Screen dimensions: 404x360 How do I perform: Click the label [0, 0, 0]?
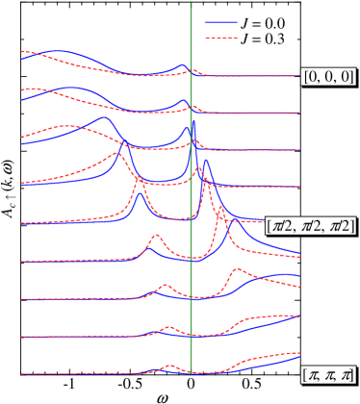[x=328, y=77]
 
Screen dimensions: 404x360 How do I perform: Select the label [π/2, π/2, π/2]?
[x=311, y=225]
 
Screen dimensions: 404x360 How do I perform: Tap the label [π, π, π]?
[x=328, y=374]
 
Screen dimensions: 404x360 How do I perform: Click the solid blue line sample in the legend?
[x=221, y=22]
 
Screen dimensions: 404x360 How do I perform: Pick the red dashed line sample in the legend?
[x=221, y=38]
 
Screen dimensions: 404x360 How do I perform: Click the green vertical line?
[x=191, y=192]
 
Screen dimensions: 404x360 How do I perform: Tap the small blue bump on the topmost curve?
[x=183, y=66]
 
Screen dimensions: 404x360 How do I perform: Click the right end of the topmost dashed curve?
[x=299, y=76]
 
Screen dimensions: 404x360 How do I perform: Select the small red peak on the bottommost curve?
[x=169, y=366]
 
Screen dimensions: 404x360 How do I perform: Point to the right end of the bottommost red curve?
[x=299, y=353]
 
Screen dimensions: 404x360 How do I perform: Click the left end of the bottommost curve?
[x=21, y=373]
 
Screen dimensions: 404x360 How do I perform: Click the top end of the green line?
[x=191, y=4]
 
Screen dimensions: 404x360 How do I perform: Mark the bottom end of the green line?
[x=191, y=372]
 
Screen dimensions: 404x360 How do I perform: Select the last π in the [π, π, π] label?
[x=345, y=374]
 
